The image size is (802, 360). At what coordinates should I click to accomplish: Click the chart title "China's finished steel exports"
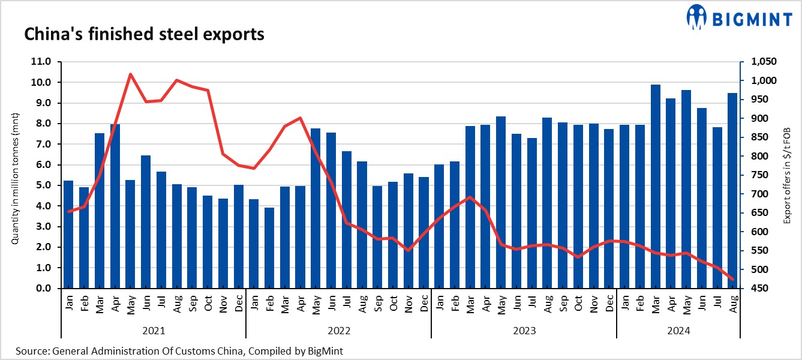pos(144,35)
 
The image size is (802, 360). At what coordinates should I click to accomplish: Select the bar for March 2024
pos(655,186)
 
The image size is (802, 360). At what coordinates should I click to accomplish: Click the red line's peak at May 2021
pos(130,74)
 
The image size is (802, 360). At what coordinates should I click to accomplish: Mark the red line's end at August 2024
pos(732,279)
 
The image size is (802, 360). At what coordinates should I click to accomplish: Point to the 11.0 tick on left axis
pos(46,62)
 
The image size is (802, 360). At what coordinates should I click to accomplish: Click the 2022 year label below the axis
pos(338,331)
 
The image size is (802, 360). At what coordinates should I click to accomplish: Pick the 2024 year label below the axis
pos(678,331)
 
